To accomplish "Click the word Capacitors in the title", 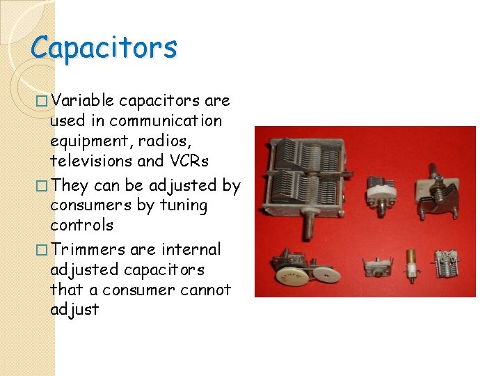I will click(104, 48).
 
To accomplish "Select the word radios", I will click(158, 141).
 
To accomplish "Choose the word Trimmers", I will click(88, 249).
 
